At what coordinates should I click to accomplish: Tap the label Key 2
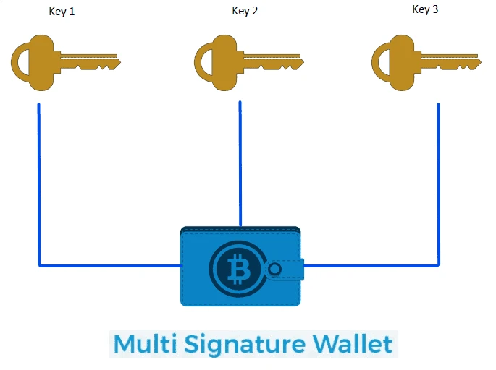245,12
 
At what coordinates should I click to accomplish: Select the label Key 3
425,9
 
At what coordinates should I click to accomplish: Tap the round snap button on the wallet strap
274,270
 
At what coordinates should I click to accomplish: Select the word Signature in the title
240,344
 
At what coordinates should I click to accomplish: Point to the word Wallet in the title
353,344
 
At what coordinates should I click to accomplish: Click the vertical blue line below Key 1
38,181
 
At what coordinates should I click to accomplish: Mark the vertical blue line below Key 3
438,181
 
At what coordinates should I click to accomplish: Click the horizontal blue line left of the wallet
109,265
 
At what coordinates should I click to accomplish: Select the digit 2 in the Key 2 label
255,12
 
